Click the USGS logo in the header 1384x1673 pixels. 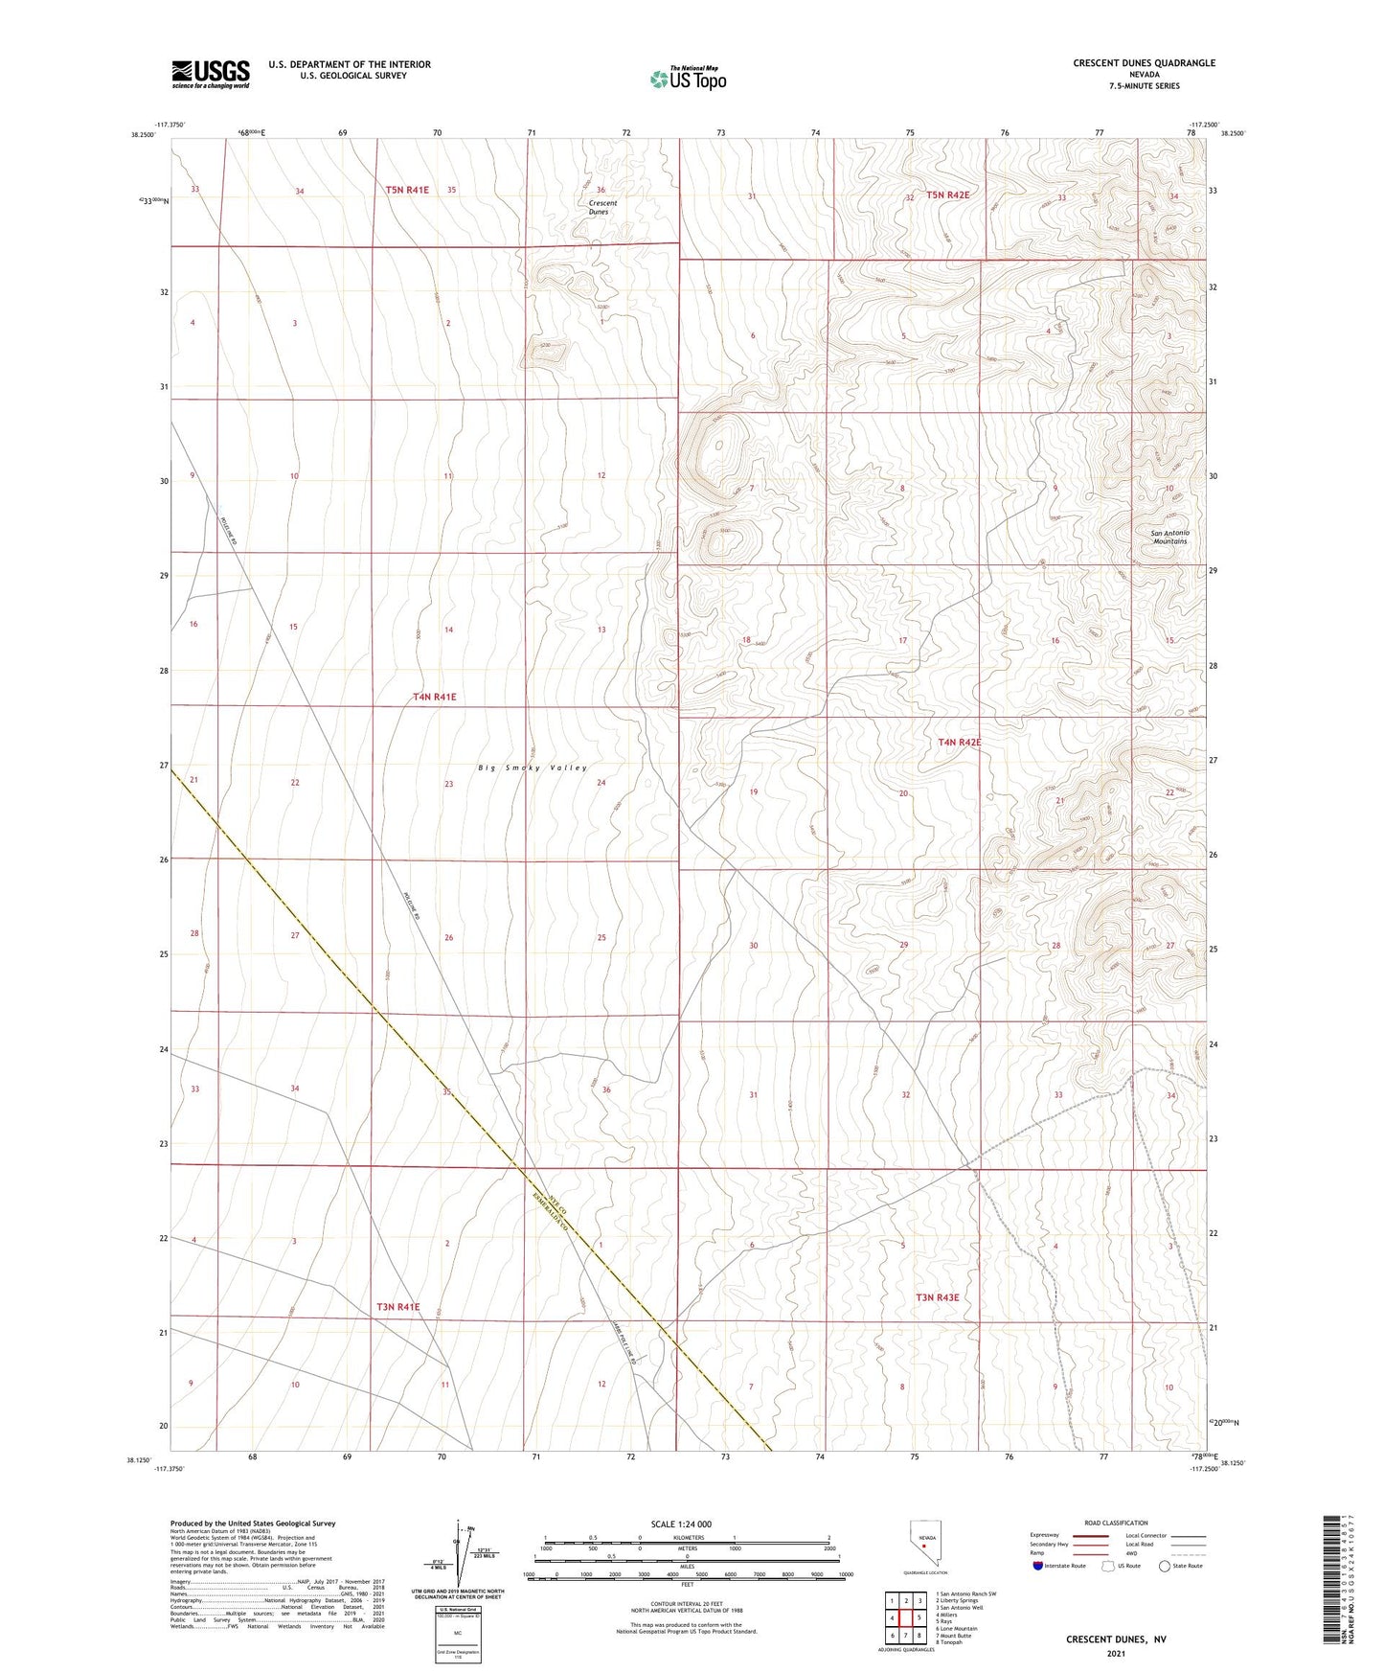(211, 73)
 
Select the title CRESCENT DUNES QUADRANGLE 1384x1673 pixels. (1144, 63)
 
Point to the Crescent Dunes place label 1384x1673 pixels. (602, 207)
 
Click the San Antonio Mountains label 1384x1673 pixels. (1169, 537)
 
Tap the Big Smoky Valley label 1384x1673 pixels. (533, 768)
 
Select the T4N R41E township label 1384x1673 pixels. (434, 697)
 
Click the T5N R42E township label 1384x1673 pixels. (947, 195)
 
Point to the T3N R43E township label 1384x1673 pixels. (937, 1297)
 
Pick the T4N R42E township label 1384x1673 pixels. (959, 742)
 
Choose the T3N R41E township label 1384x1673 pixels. (397, 1306)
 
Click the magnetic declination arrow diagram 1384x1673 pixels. (463, 1555)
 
